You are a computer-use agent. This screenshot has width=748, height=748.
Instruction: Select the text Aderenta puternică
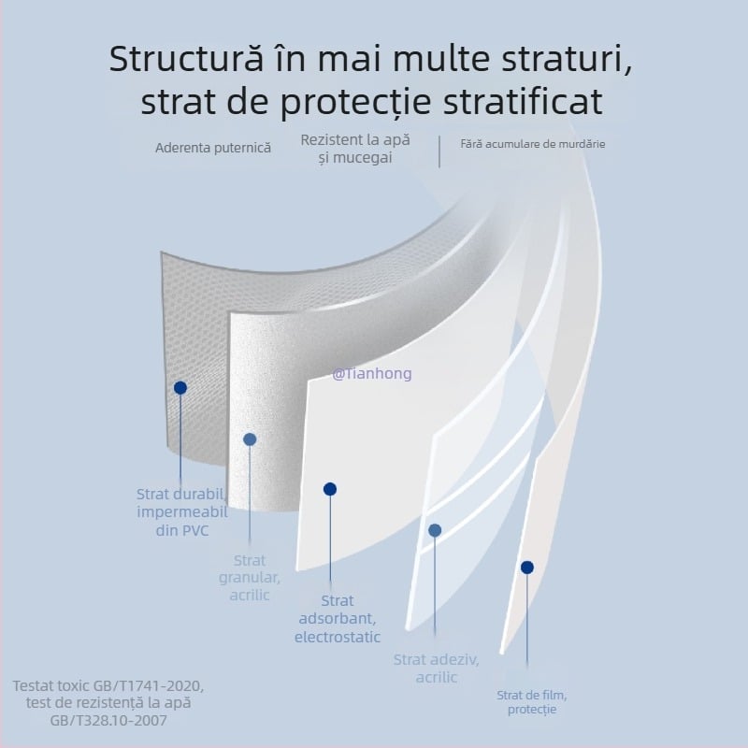click(x=213, y=148)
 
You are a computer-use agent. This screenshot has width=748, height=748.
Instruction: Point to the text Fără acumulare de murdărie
click(x=533, y=145)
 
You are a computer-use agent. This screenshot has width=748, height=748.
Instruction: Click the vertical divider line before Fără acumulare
click(x=439, y=151)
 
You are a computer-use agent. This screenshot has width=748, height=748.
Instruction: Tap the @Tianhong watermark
click(x=371, y=374)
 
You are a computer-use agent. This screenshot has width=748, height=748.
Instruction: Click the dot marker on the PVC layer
click(x=180, y=387)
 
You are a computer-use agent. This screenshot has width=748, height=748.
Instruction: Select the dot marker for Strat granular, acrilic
click(x=250, y=439)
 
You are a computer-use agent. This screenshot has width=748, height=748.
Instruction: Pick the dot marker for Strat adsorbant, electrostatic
click(x=330, y=489)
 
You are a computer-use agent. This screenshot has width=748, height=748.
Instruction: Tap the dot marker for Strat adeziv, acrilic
click(x=435, y=530)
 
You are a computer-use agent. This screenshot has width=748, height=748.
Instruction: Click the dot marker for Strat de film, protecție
click(x=527, y=568)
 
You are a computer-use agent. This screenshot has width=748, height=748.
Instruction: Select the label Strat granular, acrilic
click(x=250, y=578)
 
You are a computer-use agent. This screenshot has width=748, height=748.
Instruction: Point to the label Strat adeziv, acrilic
click(x=436, y=669)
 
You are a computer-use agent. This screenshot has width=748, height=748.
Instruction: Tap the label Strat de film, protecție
click(x=532, y=702)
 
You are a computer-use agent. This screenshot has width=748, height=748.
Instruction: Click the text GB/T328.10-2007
click(x=108, y=721)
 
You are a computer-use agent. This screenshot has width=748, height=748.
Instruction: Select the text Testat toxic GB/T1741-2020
click(x=108, y=685)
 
